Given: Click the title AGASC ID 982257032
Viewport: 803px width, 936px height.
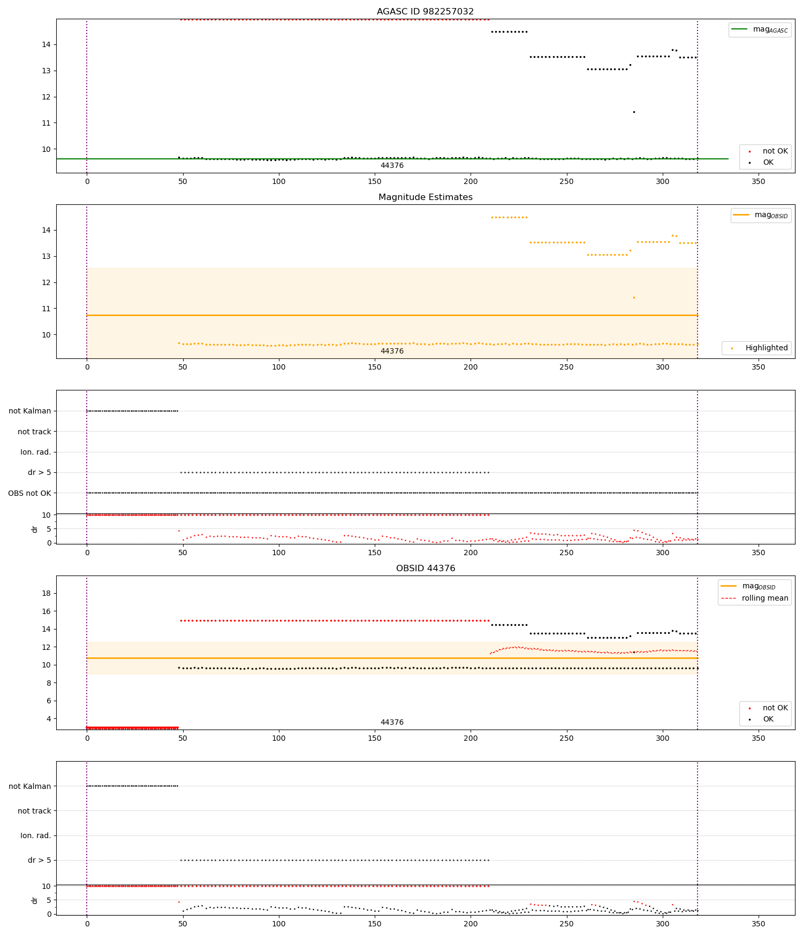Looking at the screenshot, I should [x=425, y=12].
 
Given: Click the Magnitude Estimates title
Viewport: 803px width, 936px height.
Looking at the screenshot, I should [x=425, y=197].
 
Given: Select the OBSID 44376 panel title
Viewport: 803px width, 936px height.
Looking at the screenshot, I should [x=425, y=569].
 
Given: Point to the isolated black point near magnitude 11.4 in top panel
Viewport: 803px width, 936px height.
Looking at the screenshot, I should [x=634, y=112].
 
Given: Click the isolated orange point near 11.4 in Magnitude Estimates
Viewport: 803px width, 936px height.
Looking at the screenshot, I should [x=634, y=298].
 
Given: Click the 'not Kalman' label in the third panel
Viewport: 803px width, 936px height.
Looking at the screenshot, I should [x=30, y=411].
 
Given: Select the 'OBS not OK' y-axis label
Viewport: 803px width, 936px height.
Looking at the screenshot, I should [x=30, y=493].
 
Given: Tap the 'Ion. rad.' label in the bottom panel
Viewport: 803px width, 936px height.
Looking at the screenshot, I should [x=36, y=835].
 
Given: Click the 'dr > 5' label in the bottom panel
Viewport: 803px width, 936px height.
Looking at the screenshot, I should [x=40, y=860].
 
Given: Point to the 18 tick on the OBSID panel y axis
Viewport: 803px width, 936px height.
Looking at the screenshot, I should [x=46, y=593].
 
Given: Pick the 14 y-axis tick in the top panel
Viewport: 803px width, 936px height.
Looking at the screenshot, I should [x=46, y=45].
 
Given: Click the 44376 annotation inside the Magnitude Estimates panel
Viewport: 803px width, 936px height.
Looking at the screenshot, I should [x=392, y=351].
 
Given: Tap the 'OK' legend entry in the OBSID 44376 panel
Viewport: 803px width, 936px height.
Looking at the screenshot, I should [x=768, y=719].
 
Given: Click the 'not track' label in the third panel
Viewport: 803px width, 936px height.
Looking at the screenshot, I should [x=34, y=432].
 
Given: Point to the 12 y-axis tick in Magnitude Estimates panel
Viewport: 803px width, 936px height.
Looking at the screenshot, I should [x=46, y=283].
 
